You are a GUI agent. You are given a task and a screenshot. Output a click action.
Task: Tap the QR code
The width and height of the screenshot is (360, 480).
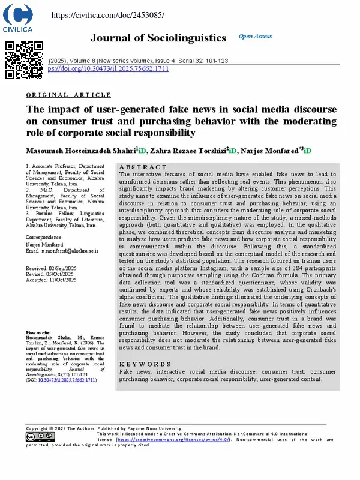(x=25, y=60)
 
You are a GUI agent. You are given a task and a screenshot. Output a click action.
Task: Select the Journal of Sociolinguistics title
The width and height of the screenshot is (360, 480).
(x=158, y=38)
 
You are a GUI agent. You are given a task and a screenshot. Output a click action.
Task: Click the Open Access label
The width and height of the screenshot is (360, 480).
(x=255, y=37)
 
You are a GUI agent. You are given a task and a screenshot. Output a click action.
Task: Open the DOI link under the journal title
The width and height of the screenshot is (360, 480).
(x=108, y=68)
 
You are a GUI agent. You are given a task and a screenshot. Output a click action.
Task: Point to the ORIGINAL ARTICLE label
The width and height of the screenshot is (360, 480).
(x=69, y=95)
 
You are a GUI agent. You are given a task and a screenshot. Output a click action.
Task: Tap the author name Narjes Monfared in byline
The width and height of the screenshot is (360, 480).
(x=274, y=149)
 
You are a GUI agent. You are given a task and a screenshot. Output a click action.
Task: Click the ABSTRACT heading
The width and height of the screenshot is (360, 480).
(x=143, y=167)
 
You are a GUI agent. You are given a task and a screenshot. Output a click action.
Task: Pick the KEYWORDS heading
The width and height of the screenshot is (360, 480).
(x=145, y=364)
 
